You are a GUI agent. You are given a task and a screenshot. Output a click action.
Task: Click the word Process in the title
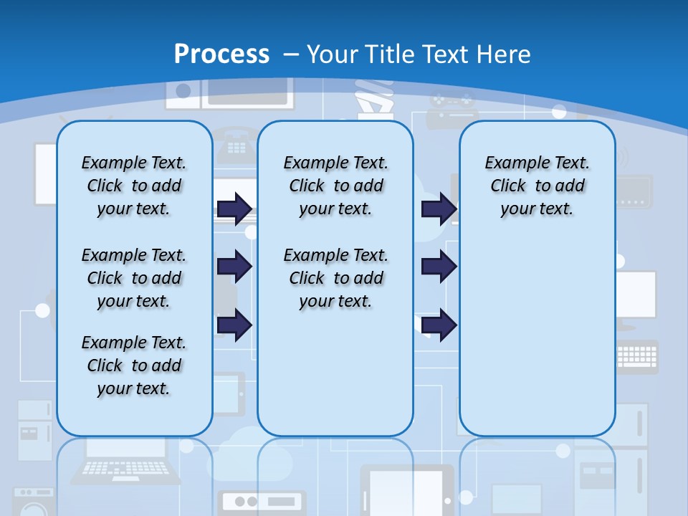[x=221, y=54]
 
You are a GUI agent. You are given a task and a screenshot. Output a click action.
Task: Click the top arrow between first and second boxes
[x=234, y=209]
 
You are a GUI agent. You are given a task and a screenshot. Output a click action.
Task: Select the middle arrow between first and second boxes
[x=234, y=267]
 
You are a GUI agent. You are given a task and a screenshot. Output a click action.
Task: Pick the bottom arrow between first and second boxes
[x=234, y=325]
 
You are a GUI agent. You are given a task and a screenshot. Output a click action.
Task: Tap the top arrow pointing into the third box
[x=439, y=209]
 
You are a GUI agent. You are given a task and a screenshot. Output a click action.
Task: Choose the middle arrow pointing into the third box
[x=439, y=267]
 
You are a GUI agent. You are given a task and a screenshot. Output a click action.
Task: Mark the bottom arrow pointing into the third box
[x=439, y=325]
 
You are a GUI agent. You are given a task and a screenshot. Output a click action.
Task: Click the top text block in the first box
[x=134, y=186]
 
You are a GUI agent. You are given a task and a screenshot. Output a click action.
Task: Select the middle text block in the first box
[x=134, y=278]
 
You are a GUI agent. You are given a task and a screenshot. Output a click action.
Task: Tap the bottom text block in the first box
[x=134, y=365]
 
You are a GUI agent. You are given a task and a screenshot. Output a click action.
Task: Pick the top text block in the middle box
[x=335, y=186]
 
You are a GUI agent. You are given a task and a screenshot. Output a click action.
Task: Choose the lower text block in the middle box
[x=335, y=278]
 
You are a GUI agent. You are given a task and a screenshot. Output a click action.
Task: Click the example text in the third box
[x=537, y=186]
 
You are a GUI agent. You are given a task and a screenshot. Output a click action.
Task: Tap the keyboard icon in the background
[x=636, y=355]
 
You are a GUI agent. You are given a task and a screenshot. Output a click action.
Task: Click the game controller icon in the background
[x=452, y=107]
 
